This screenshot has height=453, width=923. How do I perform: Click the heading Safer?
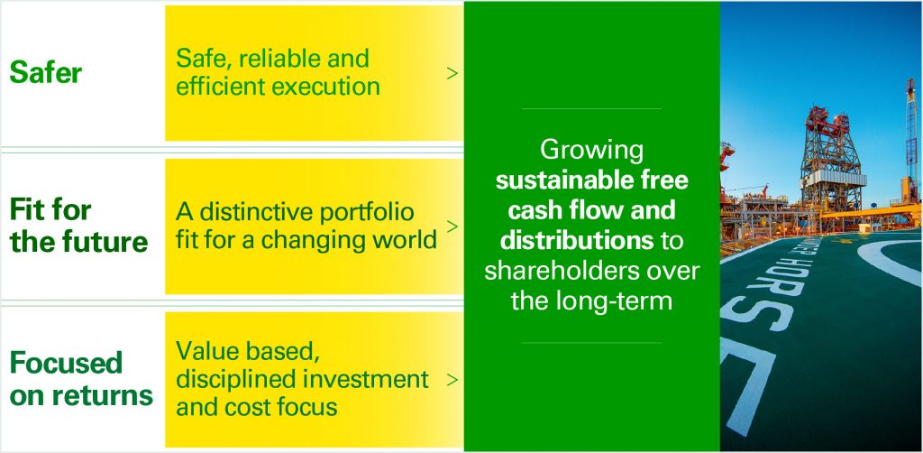coord(46,72)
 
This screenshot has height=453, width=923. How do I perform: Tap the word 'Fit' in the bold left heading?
coord(25,210)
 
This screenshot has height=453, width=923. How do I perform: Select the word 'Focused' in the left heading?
coord(66,363)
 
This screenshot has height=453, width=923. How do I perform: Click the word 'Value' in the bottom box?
coord(203,352)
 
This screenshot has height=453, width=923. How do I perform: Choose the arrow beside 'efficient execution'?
coord(452,74)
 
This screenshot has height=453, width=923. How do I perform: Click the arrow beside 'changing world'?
coord(452,226)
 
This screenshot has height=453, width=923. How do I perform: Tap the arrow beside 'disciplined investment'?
coord(452,380)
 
